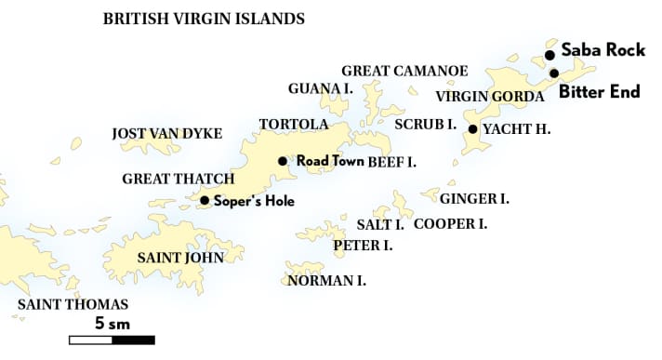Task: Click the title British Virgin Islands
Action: point(204,19)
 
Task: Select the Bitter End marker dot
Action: point(554,73)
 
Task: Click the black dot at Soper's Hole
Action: point(204,200)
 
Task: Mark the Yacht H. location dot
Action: point(473,129)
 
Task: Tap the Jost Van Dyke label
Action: point(167,134)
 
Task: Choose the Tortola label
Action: point(294,125)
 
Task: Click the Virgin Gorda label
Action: point(489,97)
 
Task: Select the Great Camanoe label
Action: point(404,71)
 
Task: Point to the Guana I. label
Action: point(320,89)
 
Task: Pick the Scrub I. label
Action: point(425,125)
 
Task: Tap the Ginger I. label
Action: point(474,199)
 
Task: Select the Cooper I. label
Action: point(450,224)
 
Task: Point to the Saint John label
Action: point(180,258)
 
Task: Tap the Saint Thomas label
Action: point(73,305)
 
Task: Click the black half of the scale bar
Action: point(132,340)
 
